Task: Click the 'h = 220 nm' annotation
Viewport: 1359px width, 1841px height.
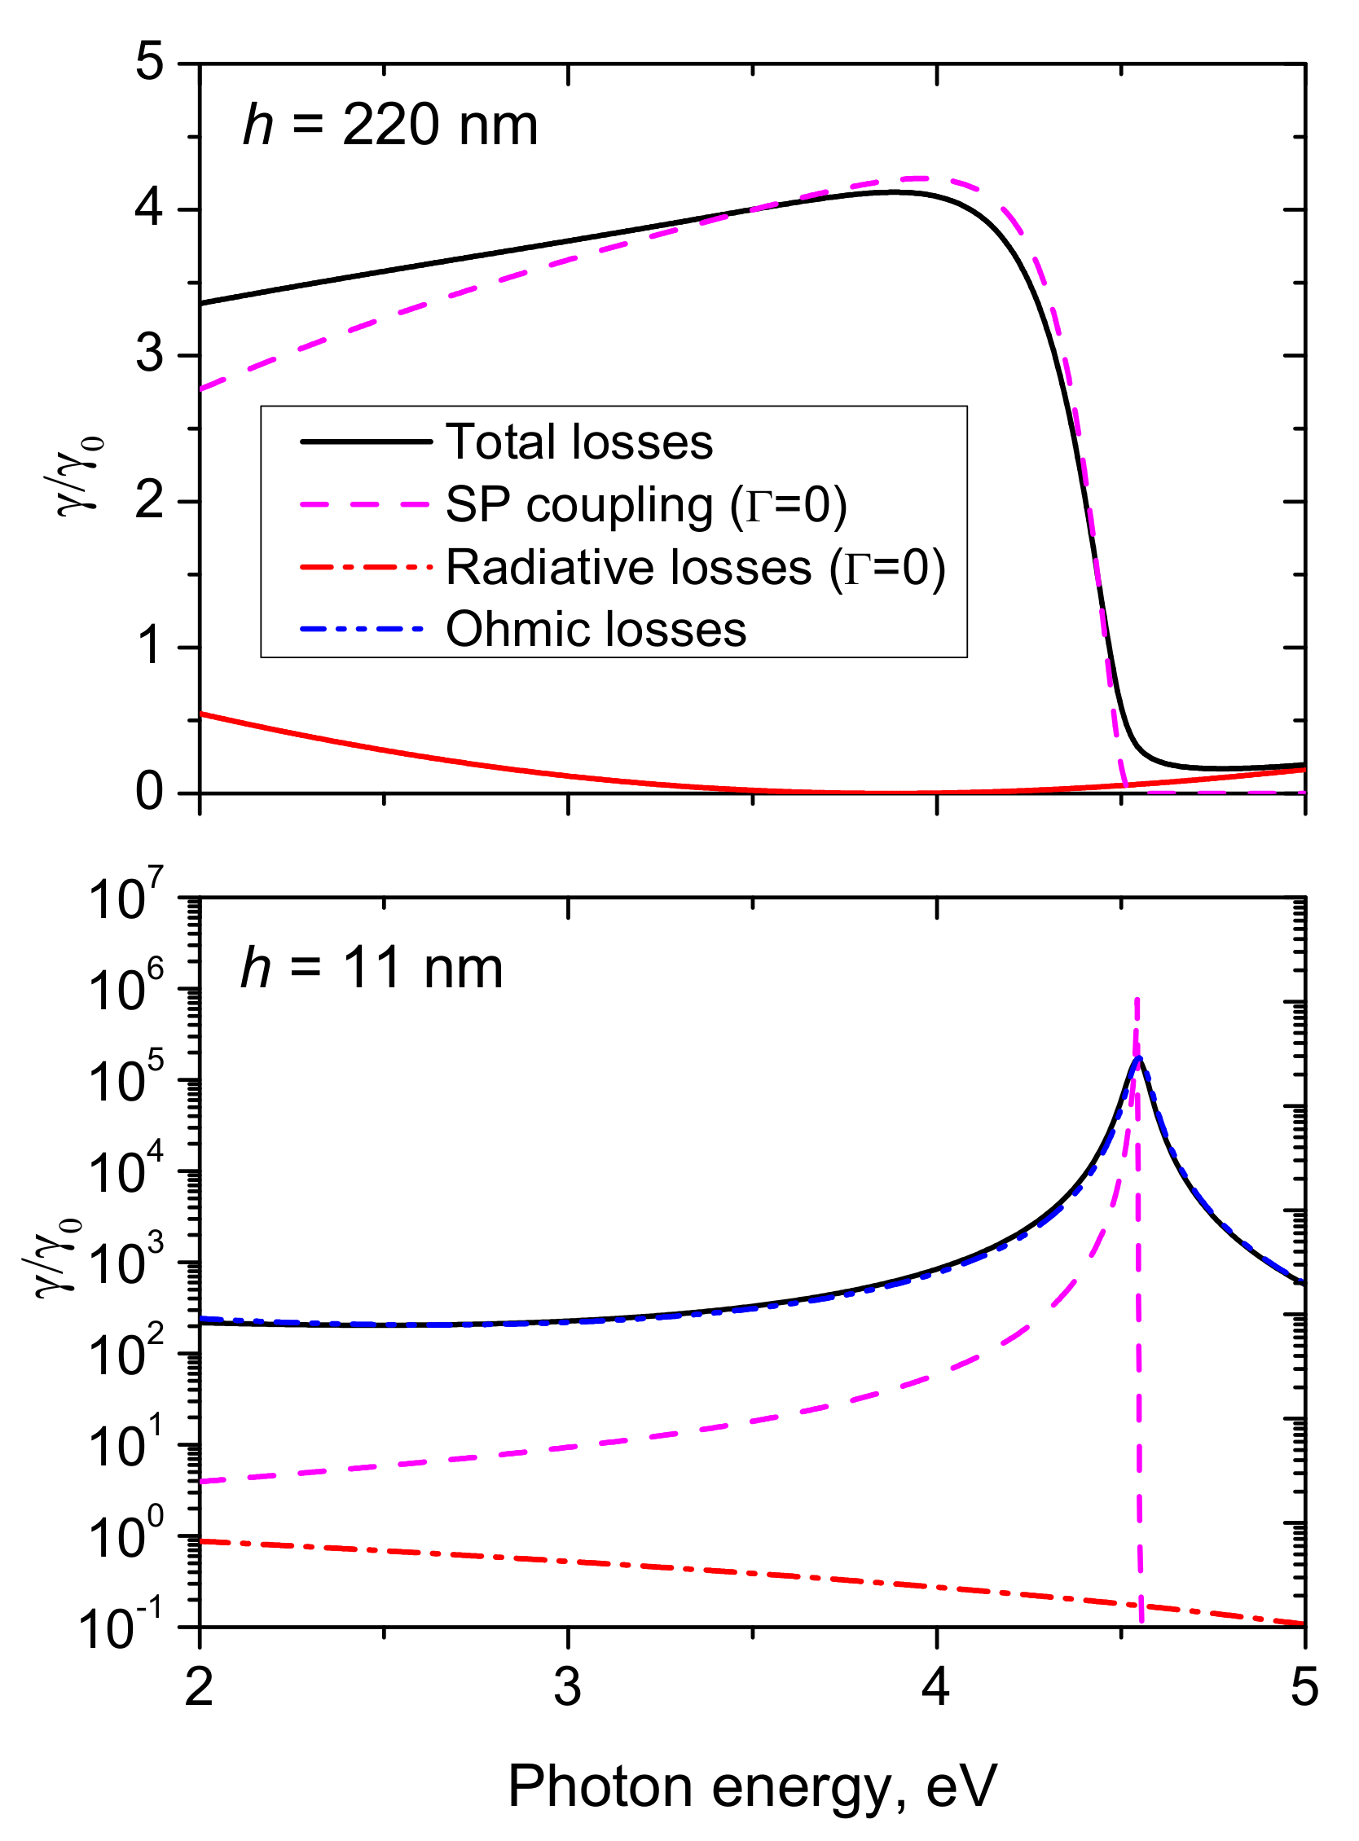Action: click(x=390, y=126)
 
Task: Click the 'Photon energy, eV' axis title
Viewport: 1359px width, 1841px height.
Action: click(x=752, y=1787)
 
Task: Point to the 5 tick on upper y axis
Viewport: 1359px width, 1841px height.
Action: click(x=150, y=63)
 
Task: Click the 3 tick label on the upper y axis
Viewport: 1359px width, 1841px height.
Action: click(x=150, y=355)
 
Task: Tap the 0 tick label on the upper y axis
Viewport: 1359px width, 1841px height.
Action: click(x=150, y=792)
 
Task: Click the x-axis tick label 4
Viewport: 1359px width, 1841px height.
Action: click(x=936, y=1687)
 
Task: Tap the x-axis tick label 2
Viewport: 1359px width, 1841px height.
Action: click(x=199, y=1687)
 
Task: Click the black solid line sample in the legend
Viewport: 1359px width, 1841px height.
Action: click(x=365, y=442)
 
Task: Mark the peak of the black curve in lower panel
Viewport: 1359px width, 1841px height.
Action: click(x=1138, y=1059)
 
